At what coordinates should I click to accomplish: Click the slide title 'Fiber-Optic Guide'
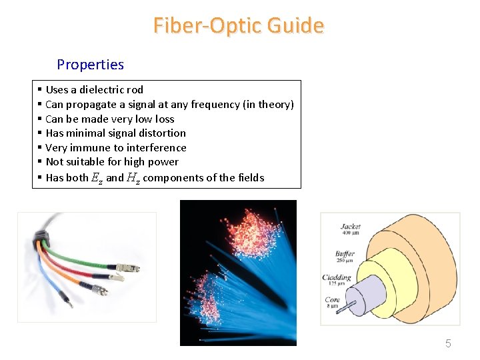click(239, 26)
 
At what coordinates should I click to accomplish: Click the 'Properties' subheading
click(90, 65)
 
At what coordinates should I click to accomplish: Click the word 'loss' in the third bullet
click(164, 119)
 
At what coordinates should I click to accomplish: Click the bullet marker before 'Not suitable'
click(40, 162)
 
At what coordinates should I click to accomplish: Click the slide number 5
click(448, 344)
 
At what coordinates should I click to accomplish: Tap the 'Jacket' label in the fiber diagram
click(351, 227)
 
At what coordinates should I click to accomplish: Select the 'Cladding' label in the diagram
click(337, 278)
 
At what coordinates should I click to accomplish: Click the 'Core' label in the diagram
click(333, 301)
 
